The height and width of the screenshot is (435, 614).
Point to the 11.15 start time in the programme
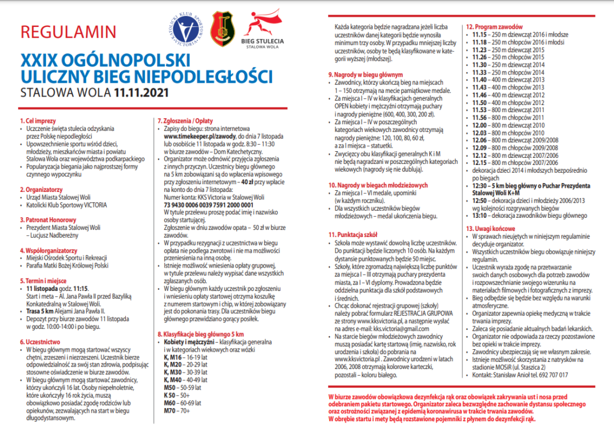pos(478,35)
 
